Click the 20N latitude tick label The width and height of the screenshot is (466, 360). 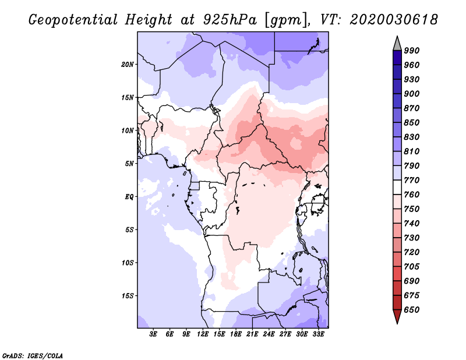128,65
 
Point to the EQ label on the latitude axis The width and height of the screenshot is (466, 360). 129,197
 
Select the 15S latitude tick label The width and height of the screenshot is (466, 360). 128,296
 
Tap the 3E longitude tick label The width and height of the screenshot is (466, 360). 153,334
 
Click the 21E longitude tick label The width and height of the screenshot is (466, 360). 252,334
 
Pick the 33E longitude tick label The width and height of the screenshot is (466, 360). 318,334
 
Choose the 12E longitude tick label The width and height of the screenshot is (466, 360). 203,334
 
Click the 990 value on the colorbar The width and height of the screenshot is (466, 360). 412,51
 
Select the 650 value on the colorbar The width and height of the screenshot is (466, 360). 412,310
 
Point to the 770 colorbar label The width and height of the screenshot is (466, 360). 412,180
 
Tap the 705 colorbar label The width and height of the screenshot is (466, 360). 412,267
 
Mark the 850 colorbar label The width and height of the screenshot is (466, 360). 412,122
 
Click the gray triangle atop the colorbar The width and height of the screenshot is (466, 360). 397,45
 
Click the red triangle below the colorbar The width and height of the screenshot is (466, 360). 397,315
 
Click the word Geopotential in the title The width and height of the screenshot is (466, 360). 73,20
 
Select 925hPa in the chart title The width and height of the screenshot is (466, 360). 230,20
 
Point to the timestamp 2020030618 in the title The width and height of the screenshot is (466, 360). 394,20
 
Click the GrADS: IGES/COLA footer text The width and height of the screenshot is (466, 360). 33,356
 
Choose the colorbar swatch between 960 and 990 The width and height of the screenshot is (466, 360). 397,58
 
